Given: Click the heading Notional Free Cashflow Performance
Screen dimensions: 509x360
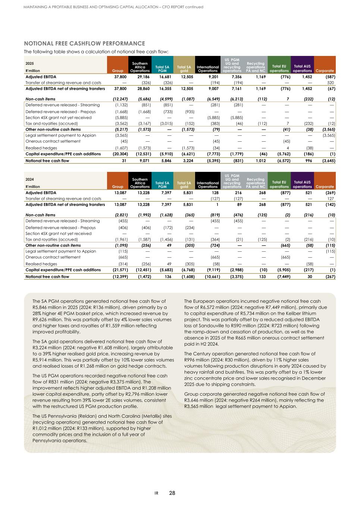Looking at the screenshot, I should [84, 44].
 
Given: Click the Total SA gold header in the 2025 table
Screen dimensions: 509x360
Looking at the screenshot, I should [184, 69].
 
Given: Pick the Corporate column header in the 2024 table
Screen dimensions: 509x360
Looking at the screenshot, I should [325, 186].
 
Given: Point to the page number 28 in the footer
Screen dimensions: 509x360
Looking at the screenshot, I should [172, 493].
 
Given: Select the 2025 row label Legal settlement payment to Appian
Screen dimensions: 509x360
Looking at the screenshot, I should [60, 135].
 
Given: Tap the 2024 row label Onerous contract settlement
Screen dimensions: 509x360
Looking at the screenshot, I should [53, 257].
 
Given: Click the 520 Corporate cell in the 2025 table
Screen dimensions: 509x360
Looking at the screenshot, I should [331, 83].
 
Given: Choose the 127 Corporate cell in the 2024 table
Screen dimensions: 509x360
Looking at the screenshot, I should [331, 199].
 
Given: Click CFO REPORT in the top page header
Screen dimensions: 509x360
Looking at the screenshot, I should [168, 7].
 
